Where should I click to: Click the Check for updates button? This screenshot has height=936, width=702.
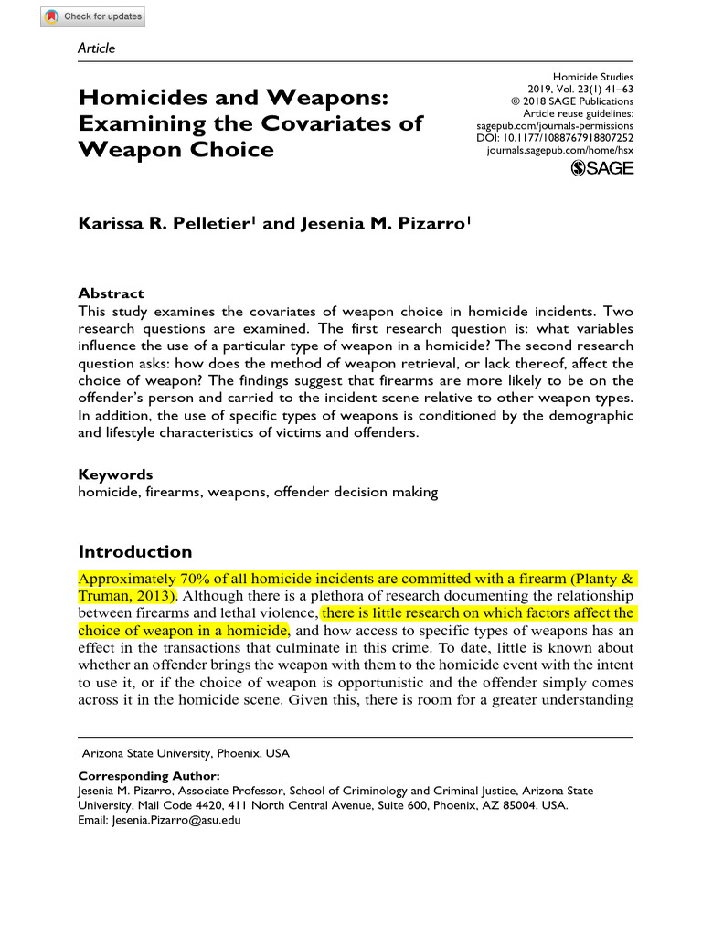coord(92,16)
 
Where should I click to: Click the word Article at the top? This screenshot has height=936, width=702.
coord(97,48)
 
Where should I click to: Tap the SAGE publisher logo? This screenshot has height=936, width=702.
coord(601,168)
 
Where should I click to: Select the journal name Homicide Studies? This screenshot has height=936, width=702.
coord(593,78)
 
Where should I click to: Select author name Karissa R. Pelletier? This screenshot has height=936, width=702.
coord(165,223)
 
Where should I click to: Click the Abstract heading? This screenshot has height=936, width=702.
coord(111,293)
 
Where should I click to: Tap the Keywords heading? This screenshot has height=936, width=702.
coord(115,474)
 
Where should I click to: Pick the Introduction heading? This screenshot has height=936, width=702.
coord(135,551)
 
